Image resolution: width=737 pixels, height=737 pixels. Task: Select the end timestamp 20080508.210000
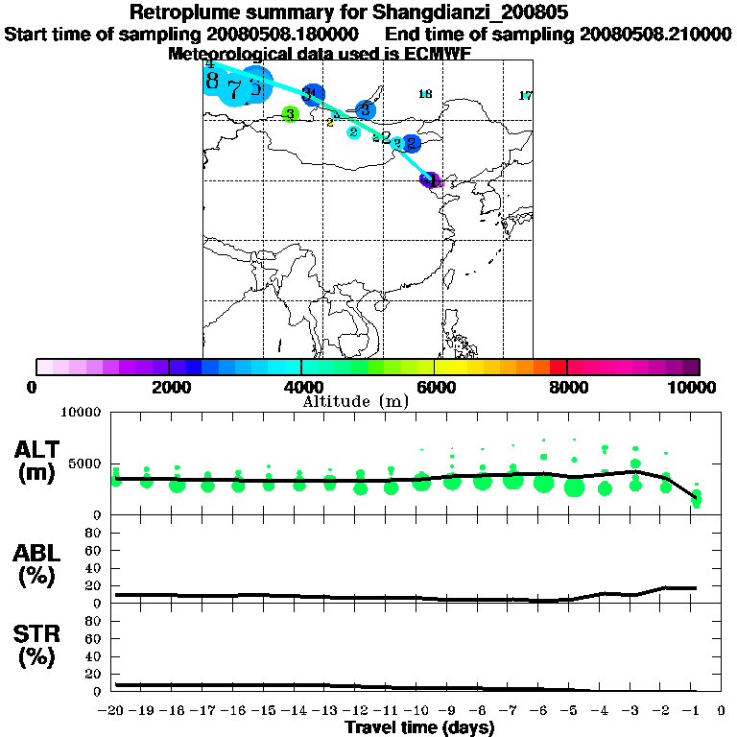pyautogui.click(x=654, y=34)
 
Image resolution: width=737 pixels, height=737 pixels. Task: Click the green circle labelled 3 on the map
pyautogui.click(x=290, y=114)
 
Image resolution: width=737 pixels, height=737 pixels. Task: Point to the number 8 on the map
pyautogui.click(x=212, y=81)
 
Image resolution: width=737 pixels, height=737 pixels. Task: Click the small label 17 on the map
pyautogui.click(x=525, y=95)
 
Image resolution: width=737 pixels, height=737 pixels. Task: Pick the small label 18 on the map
pyautogui.click(x=425, y=93)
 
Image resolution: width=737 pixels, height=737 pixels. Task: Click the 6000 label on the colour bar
pyautogui.click(x=435, y=387)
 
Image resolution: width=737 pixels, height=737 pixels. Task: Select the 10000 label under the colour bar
pyautogui.click(x=691, y=387)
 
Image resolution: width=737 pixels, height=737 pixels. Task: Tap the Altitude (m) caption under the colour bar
pyautogui.click(x=355, y=401)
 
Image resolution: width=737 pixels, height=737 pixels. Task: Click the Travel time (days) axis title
pyautogui.click(x=419, y=727)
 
